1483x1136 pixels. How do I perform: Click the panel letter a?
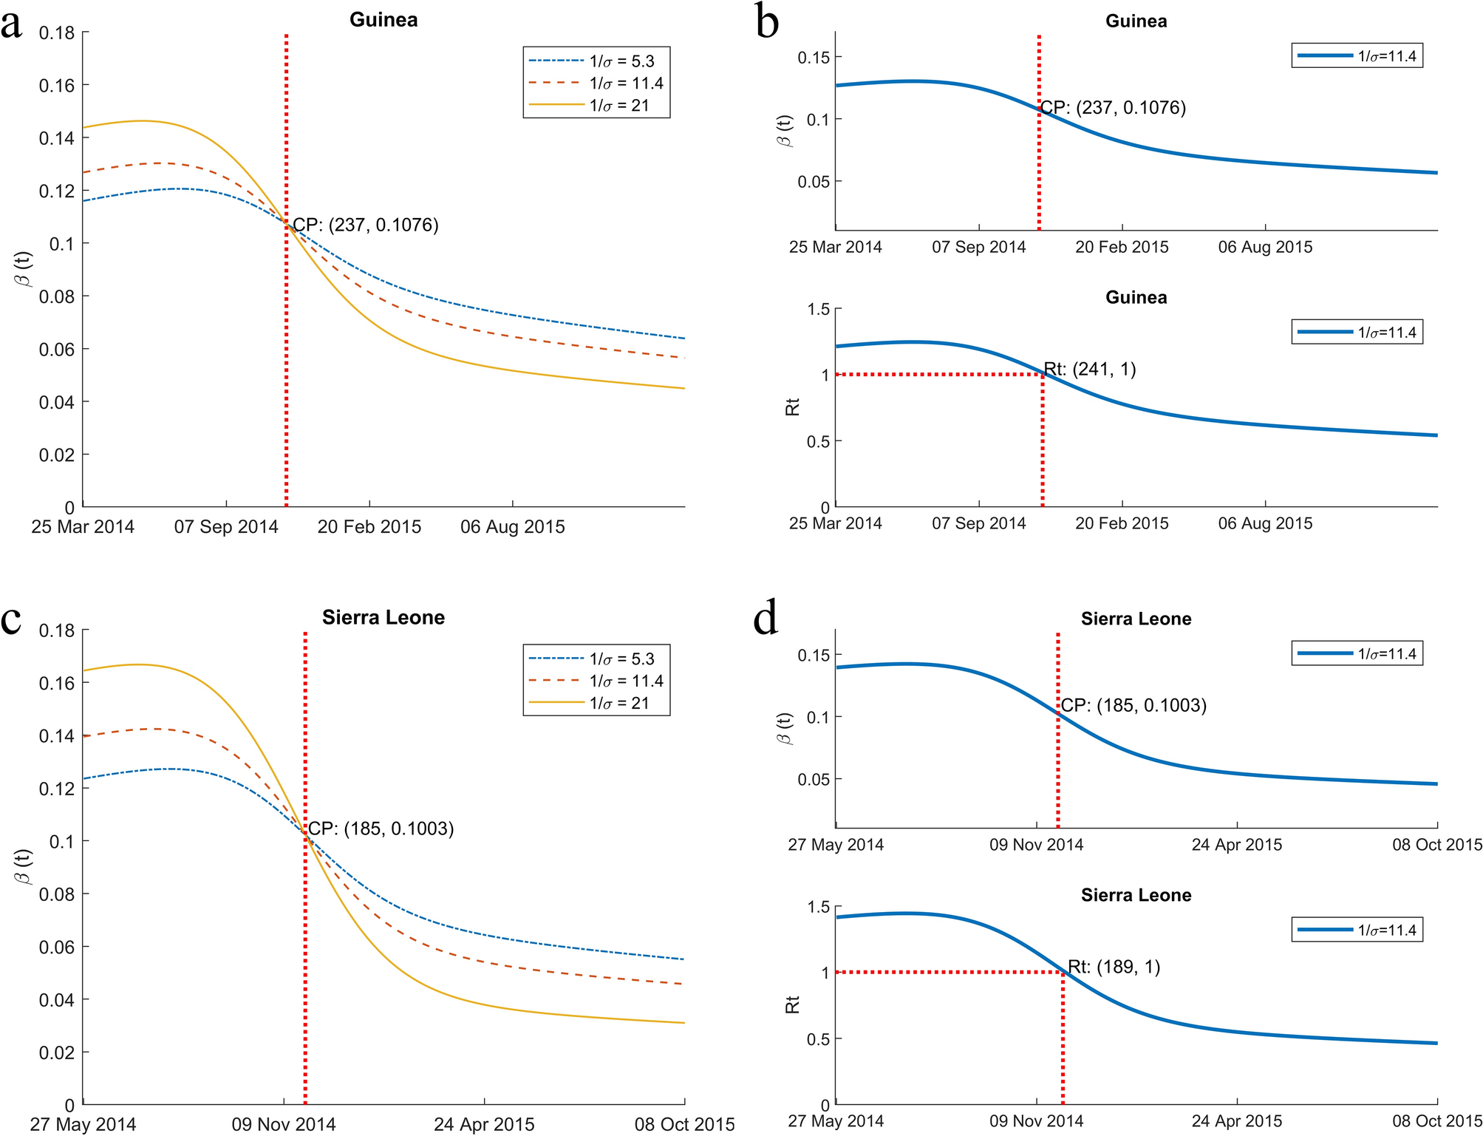12,25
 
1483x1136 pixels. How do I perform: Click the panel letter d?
766,619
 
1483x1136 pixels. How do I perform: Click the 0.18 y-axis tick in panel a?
57,33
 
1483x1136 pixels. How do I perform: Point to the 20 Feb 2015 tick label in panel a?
369,527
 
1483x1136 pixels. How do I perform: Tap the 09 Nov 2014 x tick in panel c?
284,1124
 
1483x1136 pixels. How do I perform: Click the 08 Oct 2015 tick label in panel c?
684,1124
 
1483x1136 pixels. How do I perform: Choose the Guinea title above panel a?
383,20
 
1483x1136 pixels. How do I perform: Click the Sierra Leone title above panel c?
383,618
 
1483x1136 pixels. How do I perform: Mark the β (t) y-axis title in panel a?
24,269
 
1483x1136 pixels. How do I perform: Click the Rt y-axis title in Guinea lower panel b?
792,407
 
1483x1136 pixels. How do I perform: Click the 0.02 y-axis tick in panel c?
57,1052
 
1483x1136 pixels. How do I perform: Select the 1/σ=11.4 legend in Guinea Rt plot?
1357,333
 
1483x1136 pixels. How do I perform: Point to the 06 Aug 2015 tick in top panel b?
1265,248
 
